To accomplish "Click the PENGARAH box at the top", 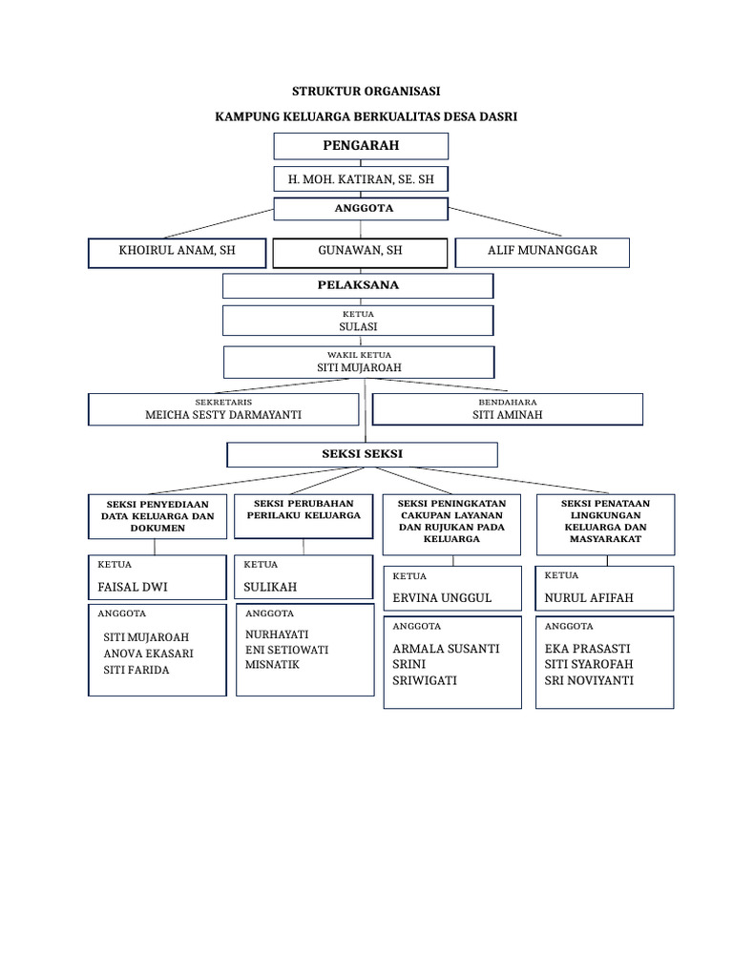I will tap(360, 146).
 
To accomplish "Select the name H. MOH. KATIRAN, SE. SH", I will tap(360, 178).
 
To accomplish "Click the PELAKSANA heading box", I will tap(358, 285).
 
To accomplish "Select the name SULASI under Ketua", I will tap(358, 326).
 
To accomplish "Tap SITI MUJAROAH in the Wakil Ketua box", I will tap(359, 367).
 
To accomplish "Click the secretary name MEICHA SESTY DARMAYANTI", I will tap(222, 415).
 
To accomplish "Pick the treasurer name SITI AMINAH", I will tap(507, 415).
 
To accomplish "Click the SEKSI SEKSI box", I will tap(362, 454).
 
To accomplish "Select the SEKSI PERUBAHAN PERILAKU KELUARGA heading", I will tap(304, 509).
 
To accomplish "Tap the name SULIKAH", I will tap(271, 587).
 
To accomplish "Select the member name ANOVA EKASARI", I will tap(148, 654).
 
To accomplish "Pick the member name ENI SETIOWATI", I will tap(286, 650).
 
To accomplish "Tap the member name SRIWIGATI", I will tap(425, 680).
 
